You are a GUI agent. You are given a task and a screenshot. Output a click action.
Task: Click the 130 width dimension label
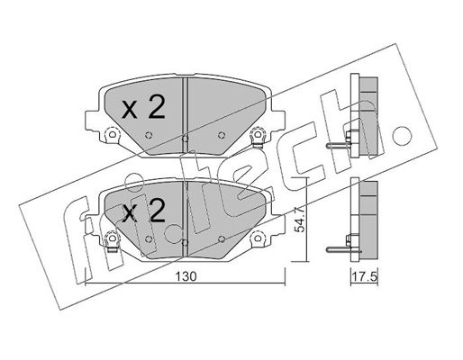(x=186, y=276)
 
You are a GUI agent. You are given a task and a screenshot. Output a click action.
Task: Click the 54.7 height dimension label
(x=300, y=220)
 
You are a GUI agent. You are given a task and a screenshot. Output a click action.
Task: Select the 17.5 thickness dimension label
(x=364, y=276)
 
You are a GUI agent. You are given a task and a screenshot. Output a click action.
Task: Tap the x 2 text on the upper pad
(x=143, y=108)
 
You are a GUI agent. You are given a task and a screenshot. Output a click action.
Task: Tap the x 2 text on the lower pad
(x=144, y=211)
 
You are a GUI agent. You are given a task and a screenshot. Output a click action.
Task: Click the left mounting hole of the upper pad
(x=112, y=134)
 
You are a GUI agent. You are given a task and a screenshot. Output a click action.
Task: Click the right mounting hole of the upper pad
(x=258, y=134)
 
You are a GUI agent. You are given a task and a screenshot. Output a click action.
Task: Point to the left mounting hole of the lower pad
(x=112, y=238)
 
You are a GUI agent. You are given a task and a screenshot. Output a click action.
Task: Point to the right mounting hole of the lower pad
(x=258, y=238)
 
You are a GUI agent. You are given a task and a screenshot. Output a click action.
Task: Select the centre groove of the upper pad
(x=186, y=116)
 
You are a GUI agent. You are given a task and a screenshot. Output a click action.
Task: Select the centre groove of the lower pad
(x=186, y=220)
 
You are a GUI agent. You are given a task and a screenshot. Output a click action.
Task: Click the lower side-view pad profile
(x=364, y=219)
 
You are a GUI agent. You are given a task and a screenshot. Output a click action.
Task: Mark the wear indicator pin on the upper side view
(x=339, y=146)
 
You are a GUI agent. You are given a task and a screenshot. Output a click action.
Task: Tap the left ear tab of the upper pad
(x=93, y=121)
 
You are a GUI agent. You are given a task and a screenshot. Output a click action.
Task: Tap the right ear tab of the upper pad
(x=278, y=121)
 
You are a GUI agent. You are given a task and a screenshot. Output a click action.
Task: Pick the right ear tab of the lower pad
(x=278, y=224)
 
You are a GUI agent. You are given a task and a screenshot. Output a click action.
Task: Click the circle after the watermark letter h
(x=403, y=135)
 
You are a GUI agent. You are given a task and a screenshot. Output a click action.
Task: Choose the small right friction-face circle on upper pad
(x=222, y=135)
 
